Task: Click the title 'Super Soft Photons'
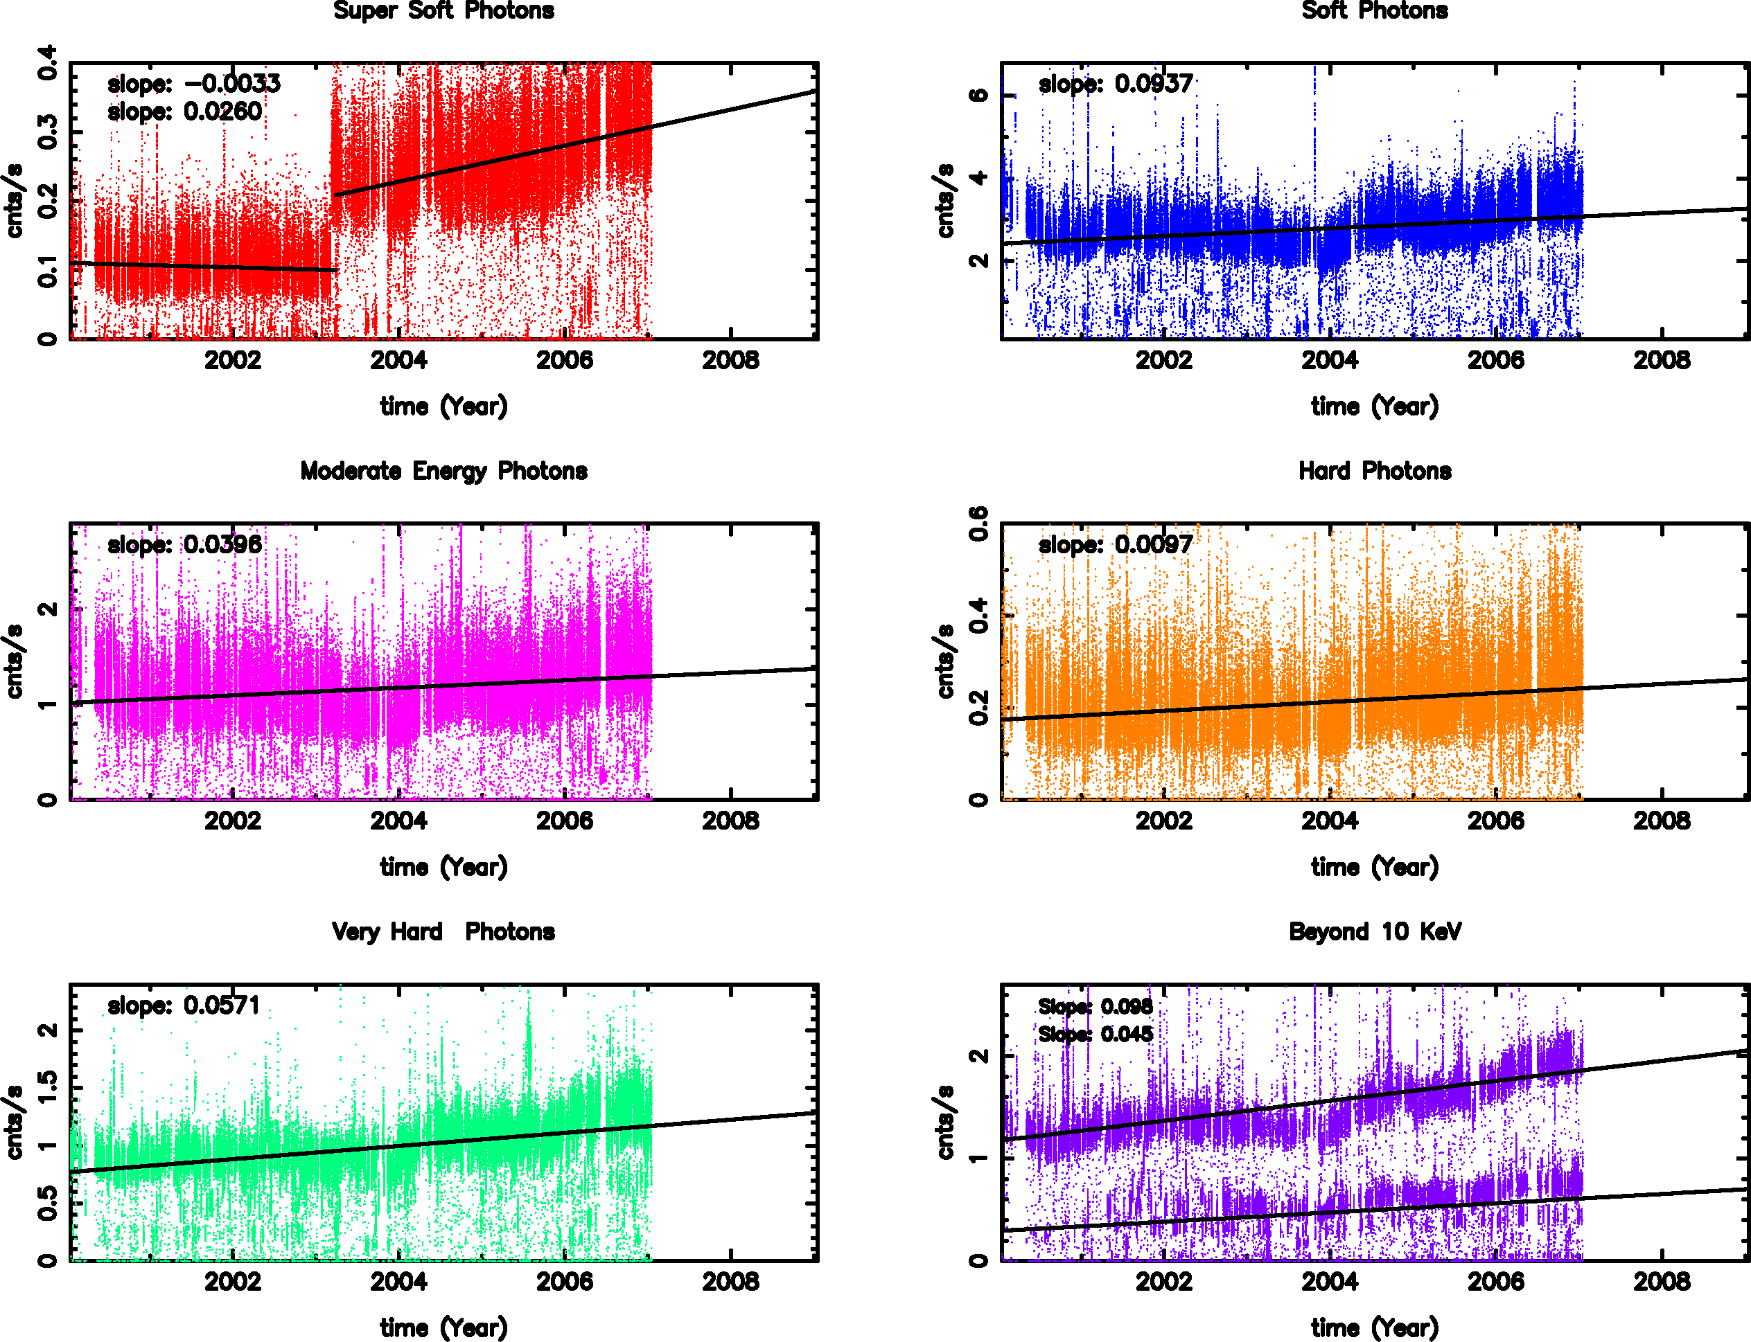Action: point(443,10)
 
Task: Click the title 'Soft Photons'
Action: point(1375,10)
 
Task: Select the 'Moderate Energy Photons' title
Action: point(443,472)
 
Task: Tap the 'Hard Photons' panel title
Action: point(1375,472)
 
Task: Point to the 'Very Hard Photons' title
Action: point(443,931)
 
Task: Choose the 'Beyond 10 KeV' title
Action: point(1375,931)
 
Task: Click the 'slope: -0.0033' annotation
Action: point(194,84)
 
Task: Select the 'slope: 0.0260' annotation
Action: point(184,112)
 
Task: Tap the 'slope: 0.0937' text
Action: point(1116,84)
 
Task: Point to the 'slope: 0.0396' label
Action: point(184,545)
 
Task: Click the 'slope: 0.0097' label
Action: point(1116,545)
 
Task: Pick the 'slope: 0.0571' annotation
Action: point(184,1005)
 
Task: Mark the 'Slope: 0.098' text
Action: point(1095,1007)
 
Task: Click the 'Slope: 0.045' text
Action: point(1095,1035)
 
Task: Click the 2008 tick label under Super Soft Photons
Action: point(730,360)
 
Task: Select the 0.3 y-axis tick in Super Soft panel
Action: point(47,132)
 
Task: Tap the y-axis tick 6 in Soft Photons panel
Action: point(978,95)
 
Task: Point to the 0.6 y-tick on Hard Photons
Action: point(978,524)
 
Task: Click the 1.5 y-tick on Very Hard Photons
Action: point(47,1087)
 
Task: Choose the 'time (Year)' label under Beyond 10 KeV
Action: point(1375,1327)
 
